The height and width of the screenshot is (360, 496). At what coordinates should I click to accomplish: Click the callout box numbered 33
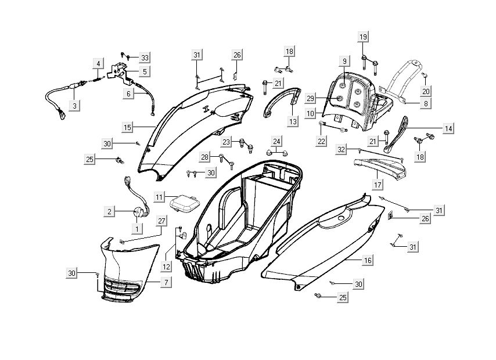point(145,57)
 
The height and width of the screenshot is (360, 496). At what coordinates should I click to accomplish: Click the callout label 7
point(166,282)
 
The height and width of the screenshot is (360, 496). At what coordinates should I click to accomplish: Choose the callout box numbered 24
point(277,141)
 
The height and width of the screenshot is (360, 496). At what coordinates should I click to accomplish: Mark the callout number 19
point(363,37)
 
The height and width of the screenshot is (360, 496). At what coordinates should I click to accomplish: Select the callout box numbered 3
point(75,106)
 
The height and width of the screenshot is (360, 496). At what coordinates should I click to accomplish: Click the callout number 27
point(161,220)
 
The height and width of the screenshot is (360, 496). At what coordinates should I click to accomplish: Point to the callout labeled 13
point(292,121)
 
